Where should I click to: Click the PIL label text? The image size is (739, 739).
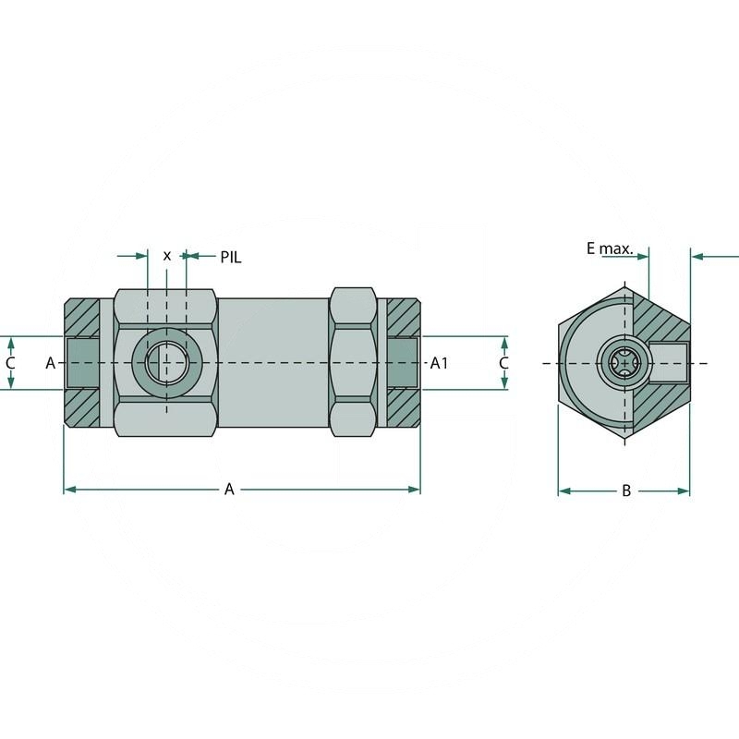[230, 257]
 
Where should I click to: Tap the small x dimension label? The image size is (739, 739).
[166, 256]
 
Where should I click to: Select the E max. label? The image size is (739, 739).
[610, 248]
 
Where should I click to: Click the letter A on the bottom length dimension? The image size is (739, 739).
[230, 490]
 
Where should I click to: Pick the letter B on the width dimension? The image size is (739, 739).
[625, 491]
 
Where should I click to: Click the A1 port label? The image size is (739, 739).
[440, 363]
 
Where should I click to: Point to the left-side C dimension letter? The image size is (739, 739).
[10, 363]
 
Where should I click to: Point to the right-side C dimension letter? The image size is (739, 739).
[503, 363]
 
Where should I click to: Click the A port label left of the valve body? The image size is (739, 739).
[51, 363]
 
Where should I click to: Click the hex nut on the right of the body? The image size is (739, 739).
[355, 363]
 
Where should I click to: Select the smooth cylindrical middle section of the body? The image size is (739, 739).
[273, 363]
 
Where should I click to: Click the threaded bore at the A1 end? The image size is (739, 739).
[403, 363]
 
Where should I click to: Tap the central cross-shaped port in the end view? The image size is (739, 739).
[623, 363]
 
